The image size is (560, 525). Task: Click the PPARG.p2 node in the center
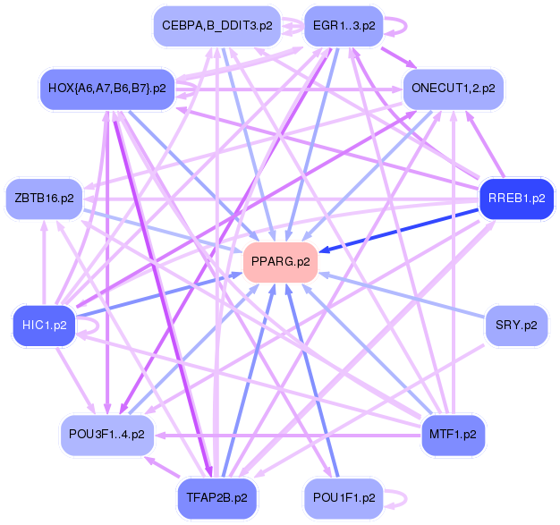coord(281,262)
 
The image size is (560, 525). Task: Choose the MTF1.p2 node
coord(453,435)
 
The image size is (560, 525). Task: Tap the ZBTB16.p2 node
coord(44,198)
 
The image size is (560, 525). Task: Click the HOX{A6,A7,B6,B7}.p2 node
coord(106,89)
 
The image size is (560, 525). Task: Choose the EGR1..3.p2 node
coord(344,26)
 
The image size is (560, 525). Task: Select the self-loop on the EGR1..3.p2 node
coord(400,25)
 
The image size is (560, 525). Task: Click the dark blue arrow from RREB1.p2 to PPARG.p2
coord(403,229)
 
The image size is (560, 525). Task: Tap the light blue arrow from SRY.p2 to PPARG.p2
coord(403,294)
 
